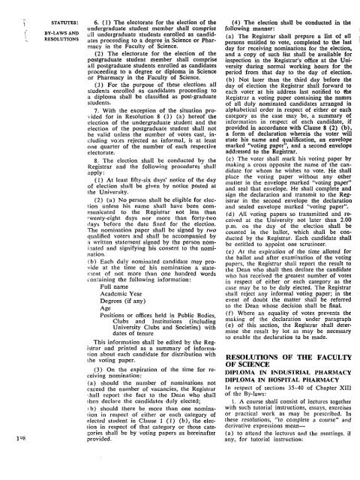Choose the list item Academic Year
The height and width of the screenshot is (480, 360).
click(x=121, y=319)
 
